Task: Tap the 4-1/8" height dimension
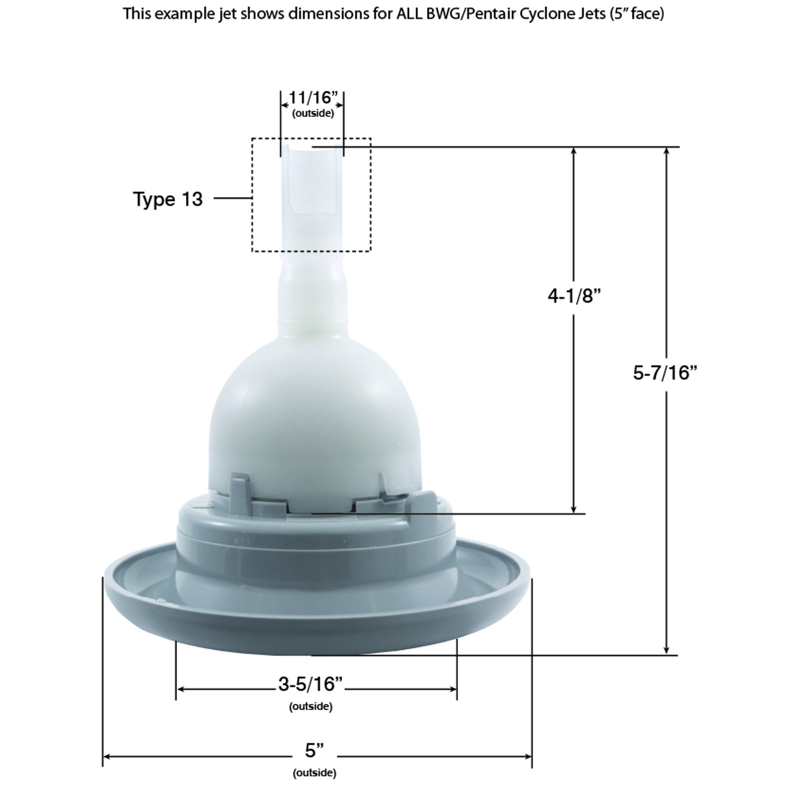(x=573, y=296)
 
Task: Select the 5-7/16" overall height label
(x=664, y=372)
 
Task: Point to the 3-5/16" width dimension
(x=310, y=683)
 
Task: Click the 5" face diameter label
(x=314, y=750)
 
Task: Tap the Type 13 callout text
(x=168, y=199)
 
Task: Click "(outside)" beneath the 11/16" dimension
(x=313, y=113)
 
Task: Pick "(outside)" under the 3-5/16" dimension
(x=310, y=706)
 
